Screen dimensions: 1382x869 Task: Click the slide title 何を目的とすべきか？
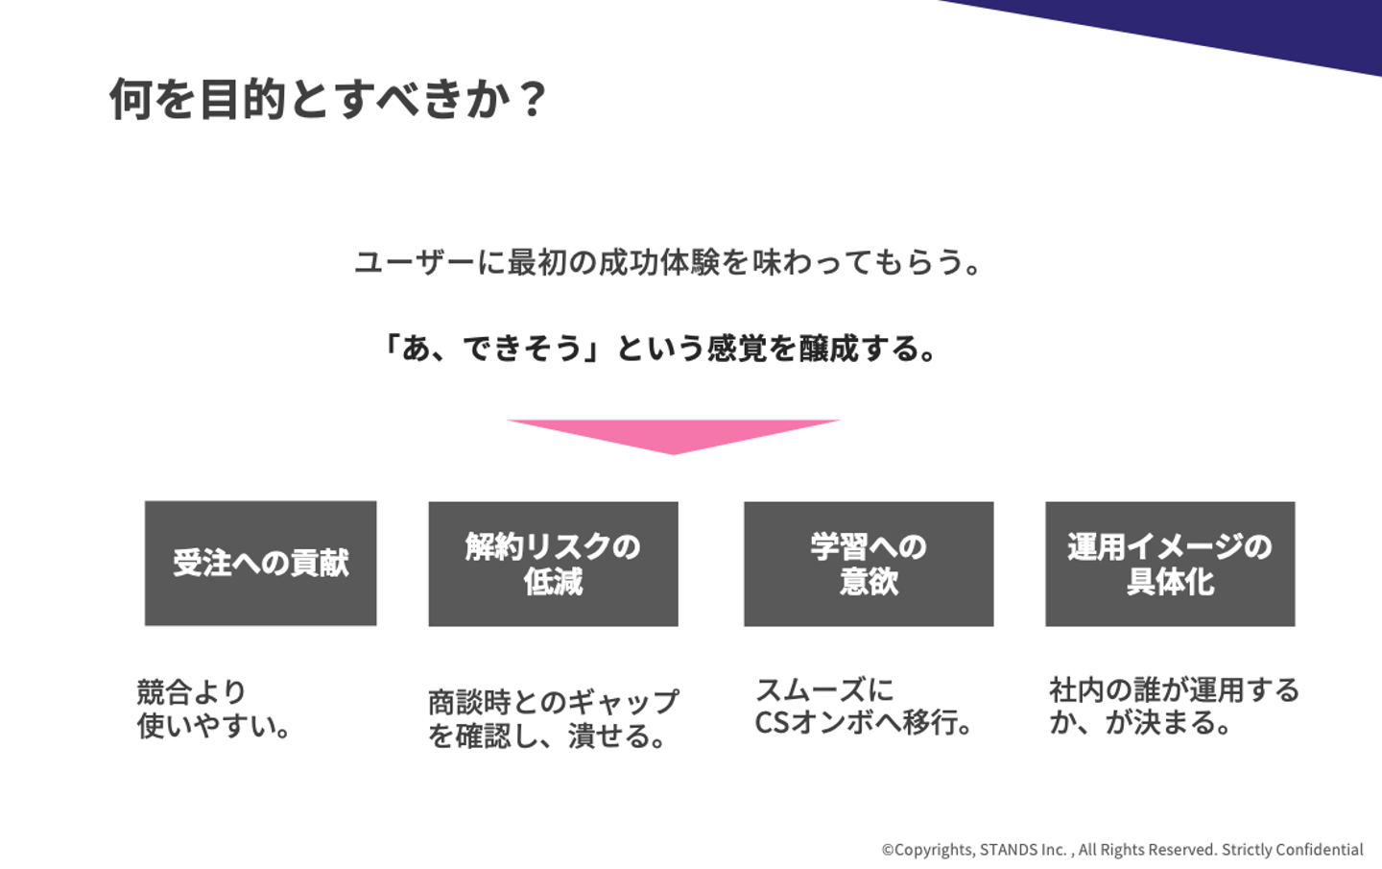click(327, 99)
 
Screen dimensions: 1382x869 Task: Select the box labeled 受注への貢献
click(260, 563)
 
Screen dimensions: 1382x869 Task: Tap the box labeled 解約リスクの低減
click(553, 564)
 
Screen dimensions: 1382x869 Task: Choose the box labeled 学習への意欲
click(869, 564)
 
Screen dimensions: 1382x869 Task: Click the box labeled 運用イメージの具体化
click(1170, 564)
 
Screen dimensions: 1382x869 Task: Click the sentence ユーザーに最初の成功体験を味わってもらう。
click(668, 262)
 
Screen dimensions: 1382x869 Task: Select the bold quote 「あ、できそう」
click(491, 349)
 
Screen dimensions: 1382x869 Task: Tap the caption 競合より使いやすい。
click(214, 709)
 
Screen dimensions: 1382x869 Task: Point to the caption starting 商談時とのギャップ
click(554, 719)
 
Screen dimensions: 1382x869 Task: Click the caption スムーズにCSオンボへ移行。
click(864, 707)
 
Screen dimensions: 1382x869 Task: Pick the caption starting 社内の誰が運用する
click(1174, 707)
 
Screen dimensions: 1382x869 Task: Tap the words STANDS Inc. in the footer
click(1023, 850)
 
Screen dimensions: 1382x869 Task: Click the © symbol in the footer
click(888, 850)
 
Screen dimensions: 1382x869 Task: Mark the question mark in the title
click(532, 99)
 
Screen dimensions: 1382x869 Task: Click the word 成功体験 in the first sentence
click(659, 262)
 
